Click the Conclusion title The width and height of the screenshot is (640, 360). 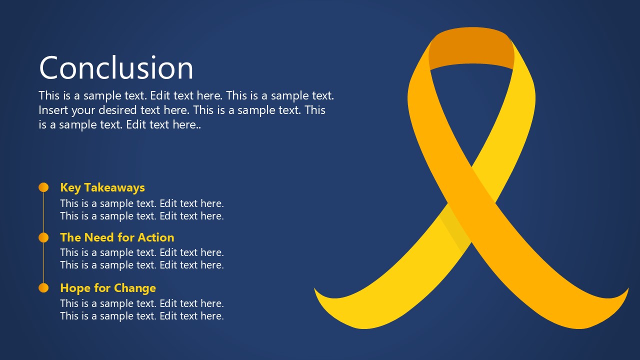(116, 68)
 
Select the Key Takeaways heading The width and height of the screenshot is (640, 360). (102, 187)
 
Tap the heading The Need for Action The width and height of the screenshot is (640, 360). (117, 237)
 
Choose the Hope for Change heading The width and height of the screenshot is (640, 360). (108, 288)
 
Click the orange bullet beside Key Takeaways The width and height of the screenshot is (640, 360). (43, 187)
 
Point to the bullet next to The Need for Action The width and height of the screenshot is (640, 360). (43, 237)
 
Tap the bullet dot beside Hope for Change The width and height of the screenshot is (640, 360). (43, 288)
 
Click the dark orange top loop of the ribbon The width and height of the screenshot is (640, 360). (471, 48)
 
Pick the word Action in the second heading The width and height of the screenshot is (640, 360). (156, 237)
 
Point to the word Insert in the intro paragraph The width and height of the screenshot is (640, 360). (53, 110)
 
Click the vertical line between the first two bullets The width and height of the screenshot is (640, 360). (43, 212)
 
